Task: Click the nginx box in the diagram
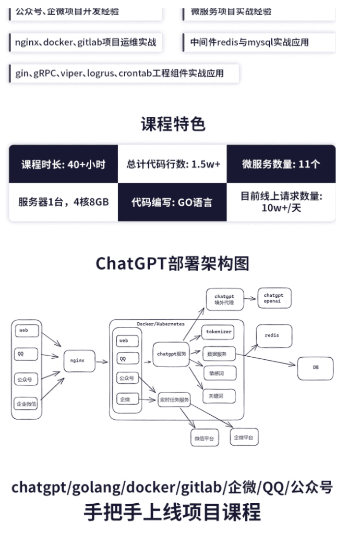79,360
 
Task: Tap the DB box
315,368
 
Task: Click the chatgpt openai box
274,299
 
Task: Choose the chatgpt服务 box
172,354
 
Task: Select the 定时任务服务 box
174,400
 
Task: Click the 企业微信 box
26,404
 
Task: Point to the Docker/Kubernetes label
161,324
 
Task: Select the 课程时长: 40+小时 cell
63,164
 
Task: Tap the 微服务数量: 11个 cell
281,164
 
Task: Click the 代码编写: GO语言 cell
172,202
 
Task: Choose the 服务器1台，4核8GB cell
63,202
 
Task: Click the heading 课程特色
173,124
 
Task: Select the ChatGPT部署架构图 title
173,263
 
